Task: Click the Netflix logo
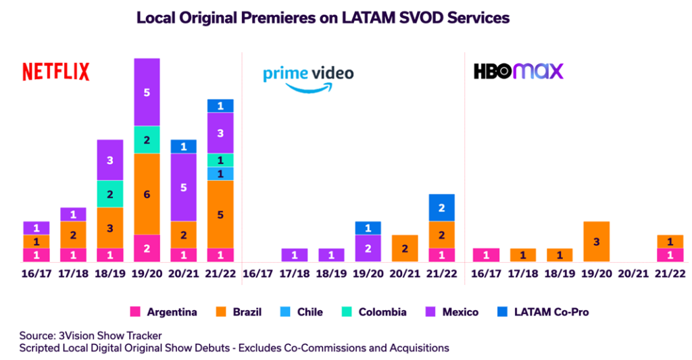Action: [55, 72]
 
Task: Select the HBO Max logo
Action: [518, 71]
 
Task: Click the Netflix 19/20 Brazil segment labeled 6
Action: [147, 194]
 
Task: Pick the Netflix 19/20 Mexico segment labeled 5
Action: [147, 92]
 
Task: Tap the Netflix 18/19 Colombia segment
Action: [110, 194]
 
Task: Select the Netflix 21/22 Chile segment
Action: [220, 174]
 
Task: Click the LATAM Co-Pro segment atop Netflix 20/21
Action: [184, 147]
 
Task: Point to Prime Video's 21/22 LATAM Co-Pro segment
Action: [441, 207]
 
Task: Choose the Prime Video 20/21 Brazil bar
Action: [404, 248]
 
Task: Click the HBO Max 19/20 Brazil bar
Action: [597, 241]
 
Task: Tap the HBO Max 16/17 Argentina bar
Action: [487, 255]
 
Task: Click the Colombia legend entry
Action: [375, 311]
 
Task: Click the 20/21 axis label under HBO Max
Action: [633, 274]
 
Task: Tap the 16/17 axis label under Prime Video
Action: [258, 274]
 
